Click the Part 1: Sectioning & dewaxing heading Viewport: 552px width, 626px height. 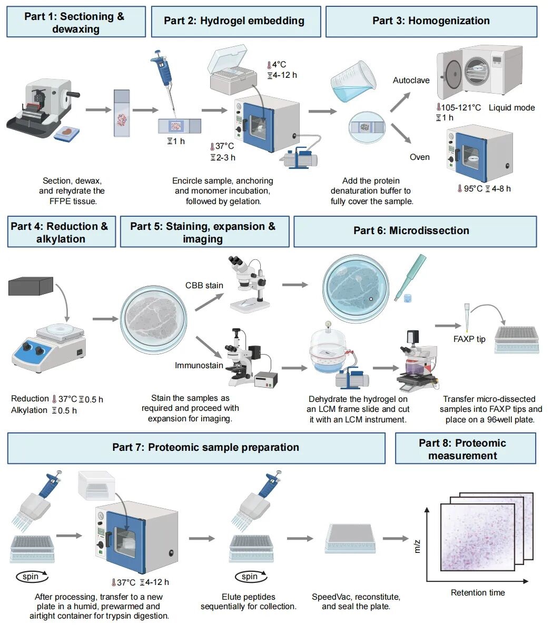[x=76, y=22]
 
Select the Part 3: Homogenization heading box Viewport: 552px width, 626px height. [x=431, y=21]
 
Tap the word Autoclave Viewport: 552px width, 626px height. [x=411, y=80]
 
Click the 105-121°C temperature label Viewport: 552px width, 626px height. [x=458, y=107]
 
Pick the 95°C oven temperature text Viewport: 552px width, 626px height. [x=470, y=188]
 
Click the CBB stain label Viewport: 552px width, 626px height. [x=204, y=285]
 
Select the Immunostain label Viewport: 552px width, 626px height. [x=199, y=365]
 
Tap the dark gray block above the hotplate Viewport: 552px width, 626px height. [x=31, y=287]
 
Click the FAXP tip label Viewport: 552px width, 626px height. [x=469, y=339]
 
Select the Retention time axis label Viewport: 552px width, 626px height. [x=478, y=593]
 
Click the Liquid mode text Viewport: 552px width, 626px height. [x=511, y=107]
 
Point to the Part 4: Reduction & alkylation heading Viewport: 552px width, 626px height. [x=61, y=232]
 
